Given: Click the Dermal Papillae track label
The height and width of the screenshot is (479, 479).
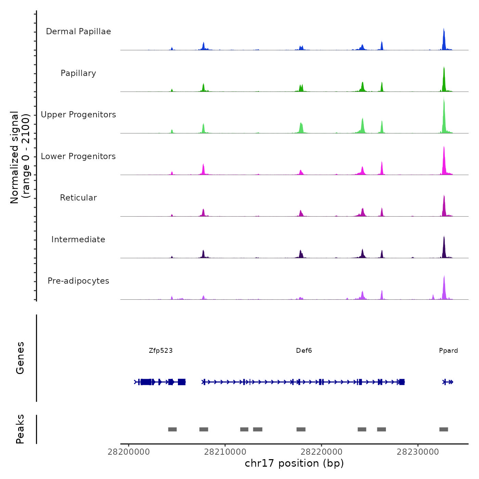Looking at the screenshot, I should click(78, 31).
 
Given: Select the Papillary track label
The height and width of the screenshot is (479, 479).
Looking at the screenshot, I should click(78, 73).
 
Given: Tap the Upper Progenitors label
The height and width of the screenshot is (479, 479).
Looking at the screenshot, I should click(78, 115).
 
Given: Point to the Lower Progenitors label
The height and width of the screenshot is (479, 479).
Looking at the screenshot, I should click(78, 156).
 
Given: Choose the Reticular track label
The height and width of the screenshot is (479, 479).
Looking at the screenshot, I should click(78, 198).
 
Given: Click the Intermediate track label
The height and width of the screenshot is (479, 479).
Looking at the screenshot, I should click(78, 239).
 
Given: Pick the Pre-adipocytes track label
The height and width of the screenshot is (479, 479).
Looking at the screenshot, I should click(78, 281).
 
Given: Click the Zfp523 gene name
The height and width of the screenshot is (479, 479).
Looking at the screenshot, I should click(161, 350).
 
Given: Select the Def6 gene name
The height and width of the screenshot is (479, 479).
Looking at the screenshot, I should click(304, 350).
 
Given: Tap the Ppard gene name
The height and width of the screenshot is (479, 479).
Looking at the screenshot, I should click(448, 350).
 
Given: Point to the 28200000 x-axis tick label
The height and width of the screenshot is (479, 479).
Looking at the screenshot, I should click(129, 452).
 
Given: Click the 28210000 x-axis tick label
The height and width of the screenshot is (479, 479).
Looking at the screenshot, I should click(225, 452).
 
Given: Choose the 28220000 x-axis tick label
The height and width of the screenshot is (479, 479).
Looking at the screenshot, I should click(322, 452).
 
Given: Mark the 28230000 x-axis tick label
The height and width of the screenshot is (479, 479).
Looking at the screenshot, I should click(418, 452).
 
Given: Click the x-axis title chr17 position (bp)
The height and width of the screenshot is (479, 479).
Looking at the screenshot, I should click(294, 463).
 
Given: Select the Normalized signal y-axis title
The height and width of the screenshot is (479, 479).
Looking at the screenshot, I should click(20, 157).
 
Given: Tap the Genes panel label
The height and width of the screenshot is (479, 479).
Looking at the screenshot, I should click(20, 358).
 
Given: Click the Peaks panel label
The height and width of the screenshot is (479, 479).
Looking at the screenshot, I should click(20, 429).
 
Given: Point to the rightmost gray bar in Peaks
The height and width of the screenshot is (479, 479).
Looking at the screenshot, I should click(444, 429).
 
